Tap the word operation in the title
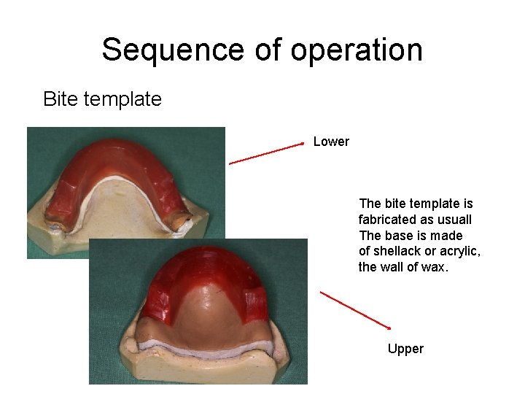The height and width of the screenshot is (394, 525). coord(357,50)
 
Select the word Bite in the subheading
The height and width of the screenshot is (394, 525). coord(59,99)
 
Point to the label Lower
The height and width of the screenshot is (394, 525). coord(331,142)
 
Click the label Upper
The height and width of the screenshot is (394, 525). coord(405,349)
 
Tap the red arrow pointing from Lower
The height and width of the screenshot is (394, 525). coord(266,154)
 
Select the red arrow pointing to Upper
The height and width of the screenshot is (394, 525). coord(355,310)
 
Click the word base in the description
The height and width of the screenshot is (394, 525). coord(398,236)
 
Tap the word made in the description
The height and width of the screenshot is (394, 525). coord(448,236)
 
